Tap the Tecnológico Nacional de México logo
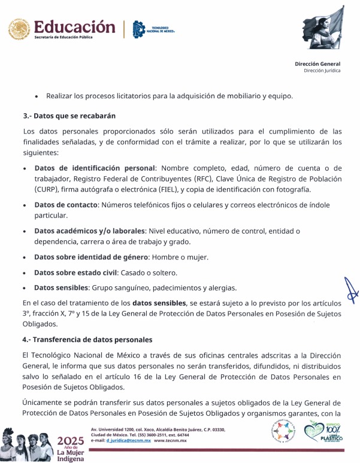click(x=139, y=29)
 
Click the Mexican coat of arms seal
click(x=18, y=29)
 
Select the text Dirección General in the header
click(x=317, y=63)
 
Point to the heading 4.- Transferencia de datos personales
click(x=87, y=340)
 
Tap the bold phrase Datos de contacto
click(x=65, y=205)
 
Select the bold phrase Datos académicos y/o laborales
click(x=90, y=231)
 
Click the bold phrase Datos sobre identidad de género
click(x=90, y=257)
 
